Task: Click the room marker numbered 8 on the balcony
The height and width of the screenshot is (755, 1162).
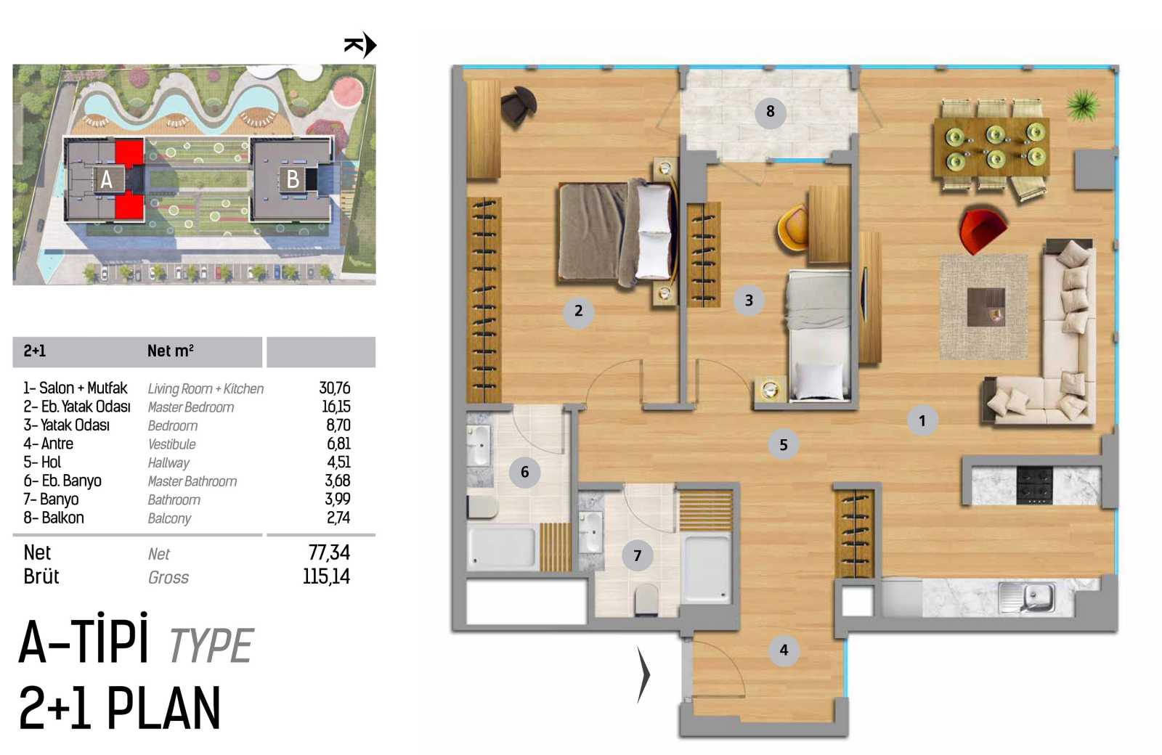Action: click(770, 112)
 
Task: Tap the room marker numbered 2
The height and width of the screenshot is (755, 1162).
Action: click(578, 311)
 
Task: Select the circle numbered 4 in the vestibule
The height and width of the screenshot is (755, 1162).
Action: click(784, 650)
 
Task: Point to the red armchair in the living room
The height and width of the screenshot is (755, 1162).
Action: click(982, 229)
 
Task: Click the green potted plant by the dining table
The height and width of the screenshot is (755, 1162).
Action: click(1083, 105)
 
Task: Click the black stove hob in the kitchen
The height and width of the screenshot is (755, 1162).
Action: click(1034, 486)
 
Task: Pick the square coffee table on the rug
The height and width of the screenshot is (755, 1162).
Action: click(986, 307)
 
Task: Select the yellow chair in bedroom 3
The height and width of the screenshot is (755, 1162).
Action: click(792, 228)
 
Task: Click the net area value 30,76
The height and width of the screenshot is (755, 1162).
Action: click(335, 388)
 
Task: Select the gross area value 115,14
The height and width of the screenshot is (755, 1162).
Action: click(326, 576)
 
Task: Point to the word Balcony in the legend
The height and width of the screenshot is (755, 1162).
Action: click(169, 518)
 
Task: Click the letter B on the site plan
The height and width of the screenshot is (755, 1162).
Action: click(293, 179)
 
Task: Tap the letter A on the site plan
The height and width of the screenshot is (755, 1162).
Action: click(106, 180)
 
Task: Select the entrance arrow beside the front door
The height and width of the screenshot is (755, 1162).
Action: click(643, 675)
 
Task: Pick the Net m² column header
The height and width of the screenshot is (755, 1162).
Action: click(170, 351)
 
